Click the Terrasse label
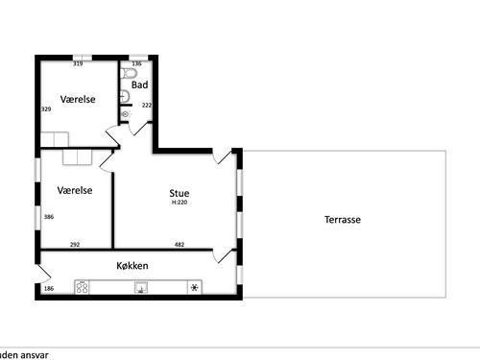coord(342,220)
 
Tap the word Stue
coord(179,193)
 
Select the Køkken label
coord(133,265)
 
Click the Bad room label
coord(139,84)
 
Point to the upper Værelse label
coord(76,100)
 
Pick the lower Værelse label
coord(74,190)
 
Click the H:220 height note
coord(179,203)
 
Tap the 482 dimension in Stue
coord(179,245)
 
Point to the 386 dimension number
coord(48,217)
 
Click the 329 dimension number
coord(45,109)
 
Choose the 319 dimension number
coord(78,64)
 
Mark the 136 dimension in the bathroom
coord(136,64)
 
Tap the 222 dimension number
coord(147,105)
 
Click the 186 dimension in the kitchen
coord(48,288)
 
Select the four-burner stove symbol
coord(83,286)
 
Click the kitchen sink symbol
coord(140,286)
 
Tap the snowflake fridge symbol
coord(195,287)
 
